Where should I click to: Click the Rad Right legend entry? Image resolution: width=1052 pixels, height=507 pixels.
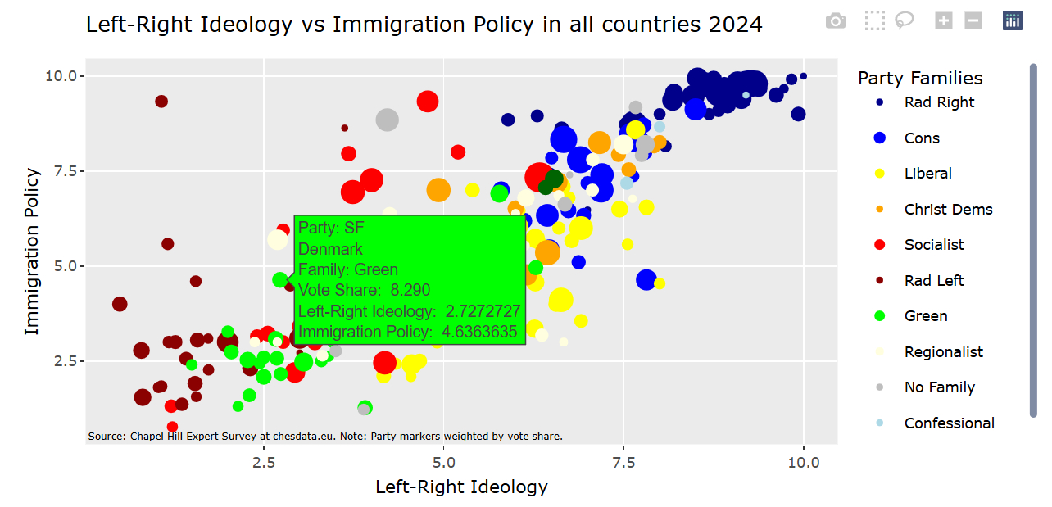(939, 102)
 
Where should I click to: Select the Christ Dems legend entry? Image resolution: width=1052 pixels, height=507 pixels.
(948, 210)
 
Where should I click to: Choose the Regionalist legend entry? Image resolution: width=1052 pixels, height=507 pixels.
(944, 352)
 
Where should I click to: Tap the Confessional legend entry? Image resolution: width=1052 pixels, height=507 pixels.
(949, 423)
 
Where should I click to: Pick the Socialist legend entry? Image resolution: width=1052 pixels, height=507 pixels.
(934, 245)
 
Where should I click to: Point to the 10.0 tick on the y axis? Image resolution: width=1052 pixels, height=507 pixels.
(65, 76)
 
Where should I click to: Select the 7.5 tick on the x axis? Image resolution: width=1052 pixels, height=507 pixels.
(623, 462)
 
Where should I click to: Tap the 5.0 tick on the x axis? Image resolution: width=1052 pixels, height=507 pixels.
(443, 462)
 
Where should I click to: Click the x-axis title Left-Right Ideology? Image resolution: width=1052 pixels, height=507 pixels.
(461, 487)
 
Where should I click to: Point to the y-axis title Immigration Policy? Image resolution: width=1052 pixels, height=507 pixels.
(32, 251)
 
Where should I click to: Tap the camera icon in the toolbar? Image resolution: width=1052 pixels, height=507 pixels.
(836, 21)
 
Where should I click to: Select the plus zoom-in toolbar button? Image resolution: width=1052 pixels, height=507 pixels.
(944, 21)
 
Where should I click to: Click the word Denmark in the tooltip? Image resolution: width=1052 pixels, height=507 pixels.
(330, 249)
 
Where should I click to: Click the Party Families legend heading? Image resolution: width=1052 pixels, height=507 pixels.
(920, 78)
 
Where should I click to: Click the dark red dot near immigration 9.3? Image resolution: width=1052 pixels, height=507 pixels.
(161, 102)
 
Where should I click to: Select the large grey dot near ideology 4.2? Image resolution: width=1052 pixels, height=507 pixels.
(387, 120)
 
